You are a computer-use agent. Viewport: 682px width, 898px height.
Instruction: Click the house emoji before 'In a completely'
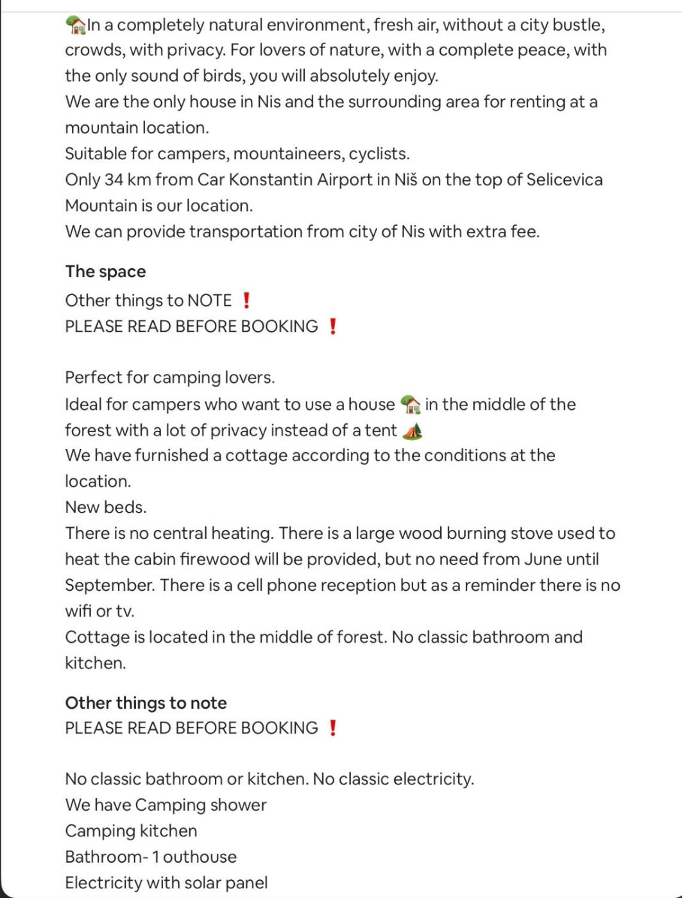(76, 25)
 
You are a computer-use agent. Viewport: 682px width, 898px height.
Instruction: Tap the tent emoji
(412, 430)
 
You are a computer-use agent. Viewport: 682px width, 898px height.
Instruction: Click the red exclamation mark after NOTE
(246, 300)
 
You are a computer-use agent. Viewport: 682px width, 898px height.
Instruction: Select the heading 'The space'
(105, 271)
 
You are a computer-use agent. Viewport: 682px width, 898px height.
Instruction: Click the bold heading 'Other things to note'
(146, 703)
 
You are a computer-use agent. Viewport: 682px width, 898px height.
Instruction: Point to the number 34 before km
(114, 180)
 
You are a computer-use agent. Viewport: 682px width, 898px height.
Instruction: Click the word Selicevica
(564, 180)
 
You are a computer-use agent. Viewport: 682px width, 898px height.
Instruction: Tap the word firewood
(215, 559)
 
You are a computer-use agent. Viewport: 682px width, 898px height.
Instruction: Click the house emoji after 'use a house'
(410, 405)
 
